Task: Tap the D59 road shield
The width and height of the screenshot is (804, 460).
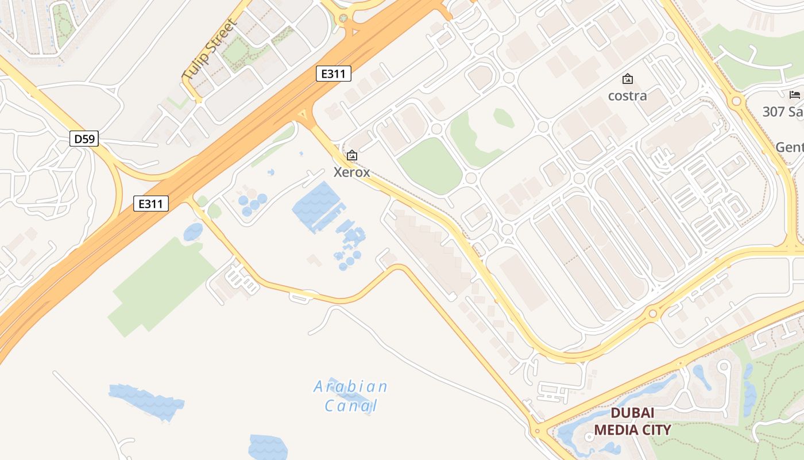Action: (84, 139)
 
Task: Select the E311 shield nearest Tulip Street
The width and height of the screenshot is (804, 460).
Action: (333, 74)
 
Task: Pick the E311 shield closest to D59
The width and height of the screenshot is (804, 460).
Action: (151, 203)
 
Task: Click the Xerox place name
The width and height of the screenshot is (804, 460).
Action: (352, 172)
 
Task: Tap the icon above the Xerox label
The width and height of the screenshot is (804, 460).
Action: (352, 155)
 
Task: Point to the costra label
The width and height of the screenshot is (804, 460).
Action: (628, 95)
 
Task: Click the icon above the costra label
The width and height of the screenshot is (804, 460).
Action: (628, 79)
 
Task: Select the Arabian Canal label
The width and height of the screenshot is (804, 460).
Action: (351, 396)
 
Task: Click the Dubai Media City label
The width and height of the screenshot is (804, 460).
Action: (632, 421)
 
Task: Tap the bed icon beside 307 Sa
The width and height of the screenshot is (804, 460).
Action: (795, 94)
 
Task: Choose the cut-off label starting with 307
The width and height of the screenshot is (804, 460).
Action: (783, 112)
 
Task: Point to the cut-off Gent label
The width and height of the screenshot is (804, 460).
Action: (789, 147)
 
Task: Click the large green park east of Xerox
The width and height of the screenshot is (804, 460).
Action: (430, 166)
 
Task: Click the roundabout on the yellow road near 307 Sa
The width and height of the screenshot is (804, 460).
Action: (736, 101)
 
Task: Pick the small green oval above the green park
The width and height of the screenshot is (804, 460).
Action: (503, 117)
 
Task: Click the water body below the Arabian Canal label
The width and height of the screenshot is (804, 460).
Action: (268, 447)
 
